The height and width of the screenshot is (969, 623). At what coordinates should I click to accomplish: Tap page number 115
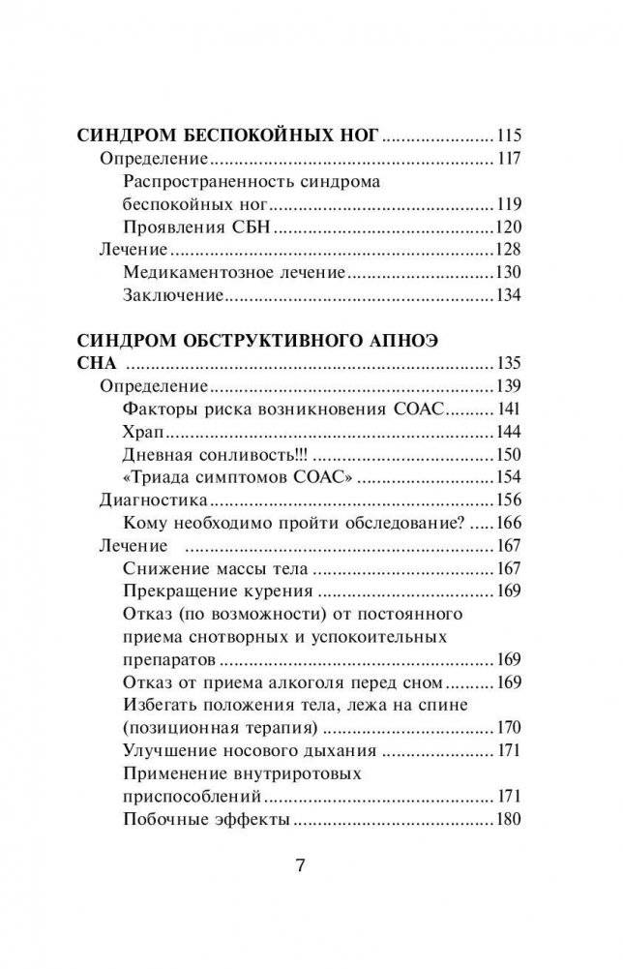coord(508,136)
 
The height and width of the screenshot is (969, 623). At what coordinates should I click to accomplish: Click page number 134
coord(508,295)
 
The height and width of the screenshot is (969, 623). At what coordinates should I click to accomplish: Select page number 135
coord(508,364)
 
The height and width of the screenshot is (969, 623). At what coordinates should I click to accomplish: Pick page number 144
coord(508,431)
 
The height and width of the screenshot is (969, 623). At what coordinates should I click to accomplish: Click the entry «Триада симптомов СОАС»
coord(237,476)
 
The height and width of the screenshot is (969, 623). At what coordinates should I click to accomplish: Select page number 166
coord(508,523)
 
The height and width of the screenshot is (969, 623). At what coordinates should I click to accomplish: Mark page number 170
coord(508,728)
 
